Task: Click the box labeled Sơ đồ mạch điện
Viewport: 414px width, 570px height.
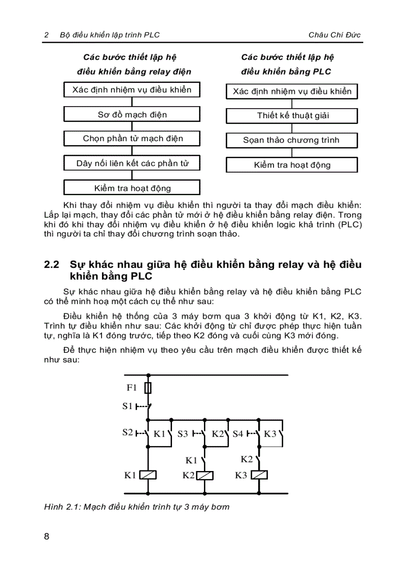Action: tap(132, 115)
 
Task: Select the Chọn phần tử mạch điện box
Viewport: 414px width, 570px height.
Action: tap(132, 139)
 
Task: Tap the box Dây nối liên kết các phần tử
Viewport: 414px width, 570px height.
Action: tap(132, 163)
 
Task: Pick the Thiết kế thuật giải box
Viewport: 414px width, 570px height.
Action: tap(292, 115)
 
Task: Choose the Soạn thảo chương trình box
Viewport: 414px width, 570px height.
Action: tap(292, 140)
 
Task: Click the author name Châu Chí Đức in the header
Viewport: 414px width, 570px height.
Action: tap(334, 35)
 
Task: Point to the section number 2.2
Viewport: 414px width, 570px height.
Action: tap(52, 265)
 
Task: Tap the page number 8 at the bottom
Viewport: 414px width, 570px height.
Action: tap(47, 537)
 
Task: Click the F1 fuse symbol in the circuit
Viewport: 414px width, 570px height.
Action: tap(148, 388)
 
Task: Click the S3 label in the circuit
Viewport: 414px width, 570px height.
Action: tap(182, 434)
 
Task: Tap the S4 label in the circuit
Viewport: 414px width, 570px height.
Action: tap(237, 434)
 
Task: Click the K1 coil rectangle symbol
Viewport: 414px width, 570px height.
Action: tap(148, 476)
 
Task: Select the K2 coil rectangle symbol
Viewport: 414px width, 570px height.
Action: tap(204, 476)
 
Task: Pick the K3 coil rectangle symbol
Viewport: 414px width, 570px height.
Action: tap(259, 476)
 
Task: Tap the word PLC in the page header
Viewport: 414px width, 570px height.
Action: tap(151, 35)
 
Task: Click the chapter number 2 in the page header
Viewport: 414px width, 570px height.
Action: tap(46, 35)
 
